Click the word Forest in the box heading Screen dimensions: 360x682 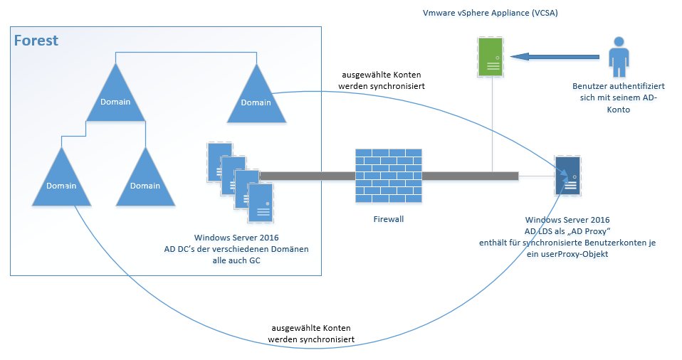pos(36,41)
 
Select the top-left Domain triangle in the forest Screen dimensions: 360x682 pos(115,97)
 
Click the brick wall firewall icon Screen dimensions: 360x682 pos(387,174)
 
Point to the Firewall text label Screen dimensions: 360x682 pos(388,219)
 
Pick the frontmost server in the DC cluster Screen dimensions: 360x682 pos(259,200)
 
